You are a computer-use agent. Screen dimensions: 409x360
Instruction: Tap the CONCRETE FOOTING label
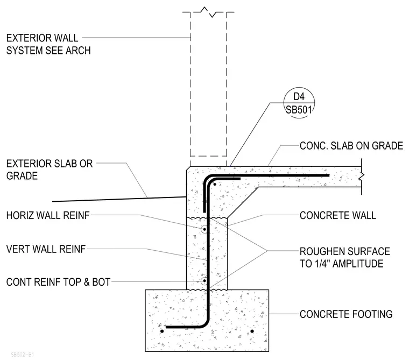(346, 314)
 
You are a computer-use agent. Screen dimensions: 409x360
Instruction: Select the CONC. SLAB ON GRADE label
(351, 146)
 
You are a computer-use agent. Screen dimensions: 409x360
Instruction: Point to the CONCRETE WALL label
(338, 215)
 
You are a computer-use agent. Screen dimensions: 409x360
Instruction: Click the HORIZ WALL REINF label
(48, 215)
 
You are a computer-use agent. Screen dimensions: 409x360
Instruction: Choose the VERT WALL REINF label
(46, 249)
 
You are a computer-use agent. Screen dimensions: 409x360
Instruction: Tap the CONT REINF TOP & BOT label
(59, 282)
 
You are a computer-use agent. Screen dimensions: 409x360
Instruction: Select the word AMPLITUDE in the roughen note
(358, 264)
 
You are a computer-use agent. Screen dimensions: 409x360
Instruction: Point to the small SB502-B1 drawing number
(23, 355)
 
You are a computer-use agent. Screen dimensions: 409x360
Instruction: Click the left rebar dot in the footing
(162, 331)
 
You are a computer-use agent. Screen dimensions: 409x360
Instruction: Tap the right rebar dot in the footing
(252, 331)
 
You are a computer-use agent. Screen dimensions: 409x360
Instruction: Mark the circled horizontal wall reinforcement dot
(204, 230)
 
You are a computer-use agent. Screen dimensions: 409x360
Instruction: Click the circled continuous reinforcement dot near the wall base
(204, 281)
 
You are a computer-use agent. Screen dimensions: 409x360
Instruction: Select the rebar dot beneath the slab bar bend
(215, 185)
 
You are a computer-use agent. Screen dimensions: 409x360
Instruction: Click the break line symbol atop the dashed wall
(208, 12)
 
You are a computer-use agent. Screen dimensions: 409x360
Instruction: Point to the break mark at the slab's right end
(361, 177)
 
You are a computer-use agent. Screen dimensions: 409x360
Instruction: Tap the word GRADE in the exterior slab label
(22, 176)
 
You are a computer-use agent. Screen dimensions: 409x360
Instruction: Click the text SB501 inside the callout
(299, 110)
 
